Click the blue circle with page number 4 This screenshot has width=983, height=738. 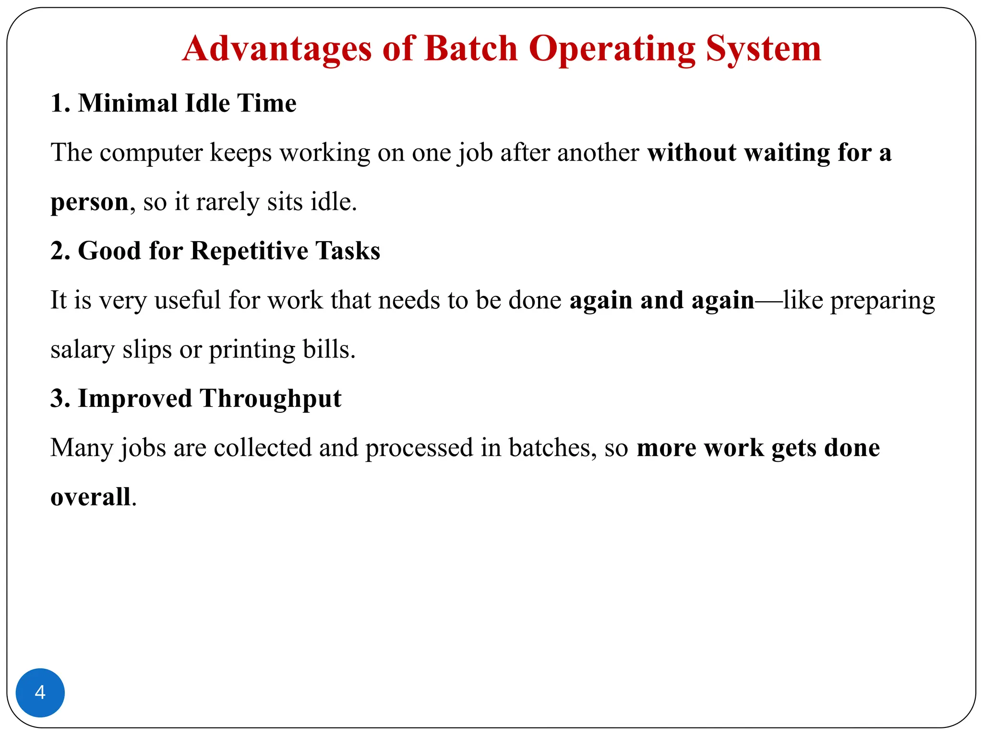40,692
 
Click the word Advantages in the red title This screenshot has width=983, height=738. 276,49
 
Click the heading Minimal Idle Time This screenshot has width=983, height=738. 173,103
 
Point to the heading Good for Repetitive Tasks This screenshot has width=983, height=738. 215,251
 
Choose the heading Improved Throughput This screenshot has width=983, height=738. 196,398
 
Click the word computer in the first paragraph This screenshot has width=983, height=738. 151,153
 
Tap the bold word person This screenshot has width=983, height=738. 89,202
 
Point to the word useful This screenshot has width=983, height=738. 187,300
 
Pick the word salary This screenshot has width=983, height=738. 82,350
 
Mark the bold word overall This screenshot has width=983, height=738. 90,497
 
